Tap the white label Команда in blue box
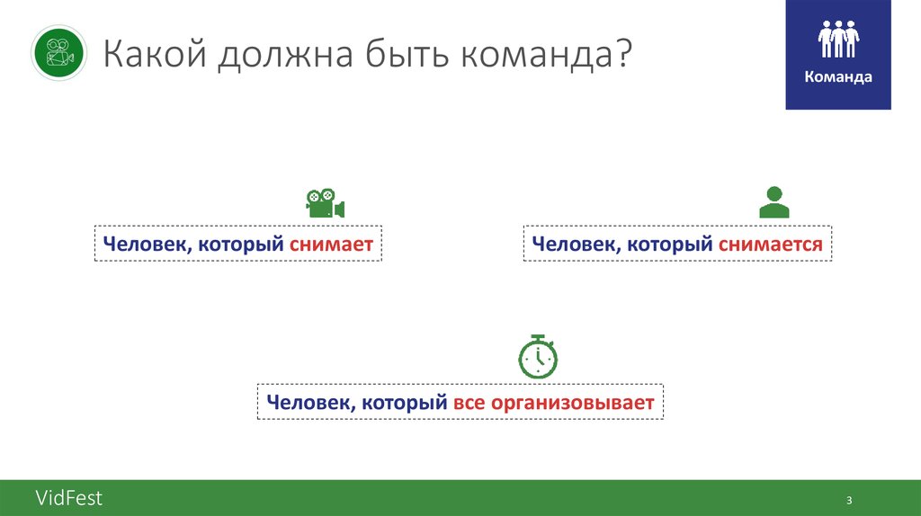point(838,77)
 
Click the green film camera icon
point(325,203)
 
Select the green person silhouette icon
point(773,202)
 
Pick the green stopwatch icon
point(538,356)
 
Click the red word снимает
point(332,245)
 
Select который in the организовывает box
point(405,403)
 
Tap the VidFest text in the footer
point(69,498)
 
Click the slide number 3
point(848,500)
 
